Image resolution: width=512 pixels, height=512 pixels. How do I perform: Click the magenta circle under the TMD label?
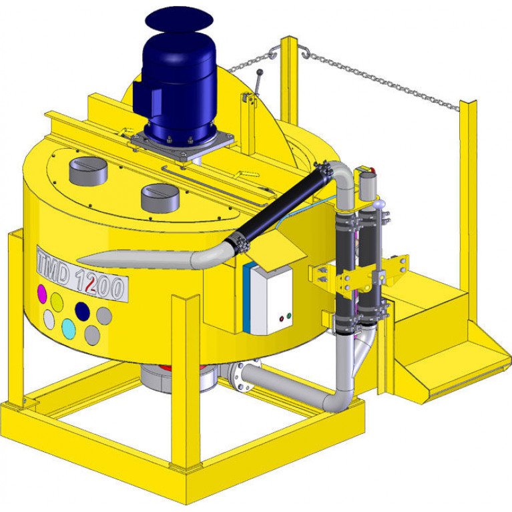click(x=42, y=294)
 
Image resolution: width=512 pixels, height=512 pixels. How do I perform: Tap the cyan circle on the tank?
click(x=69, y=329)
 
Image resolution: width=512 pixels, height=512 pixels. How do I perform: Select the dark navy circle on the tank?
click(x=82, y=311)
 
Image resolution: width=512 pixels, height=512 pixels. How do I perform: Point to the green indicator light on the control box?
click(x=288, y=316)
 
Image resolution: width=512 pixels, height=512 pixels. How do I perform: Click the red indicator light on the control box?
click(x=282, y=318)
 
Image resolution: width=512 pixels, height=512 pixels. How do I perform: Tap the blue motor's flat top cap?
click(x=179, y=19)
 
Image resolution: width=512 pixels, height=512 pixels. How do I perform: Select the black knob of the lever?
click(x=260, y=72)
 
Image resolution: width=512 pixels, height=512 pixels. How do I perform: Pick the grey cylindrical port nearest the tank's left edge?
click(x=89, y=171)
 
